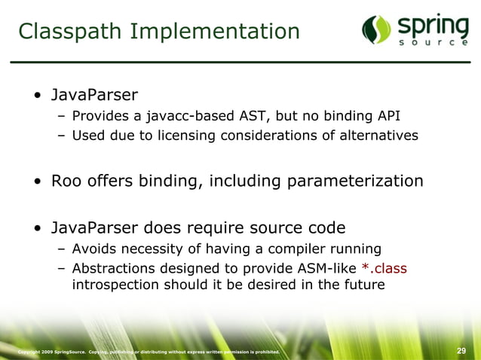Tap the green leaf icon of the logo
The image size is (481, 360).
375,29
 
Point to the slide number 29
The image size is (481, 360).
462,351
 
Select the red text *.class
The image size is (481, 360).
383,268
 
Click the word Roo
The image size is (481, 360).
66,182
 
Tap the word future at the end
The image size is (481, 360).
363,285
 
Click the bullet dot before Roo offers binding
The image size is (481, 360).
37,182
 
